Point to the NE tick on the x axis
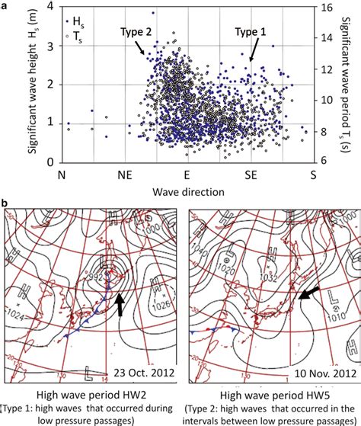pyautogui.click(x=123, y=175)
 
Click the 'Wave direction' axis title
pyautogui.click(x=186, y=191)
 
